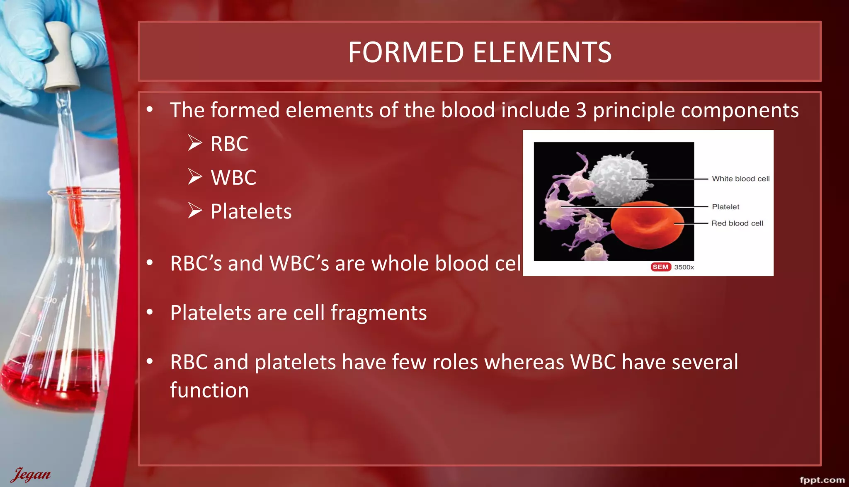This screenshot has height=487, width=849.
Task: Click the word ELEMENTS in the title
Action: tap(542, 52)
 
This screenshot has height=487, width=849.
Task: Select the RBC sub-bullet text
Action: tap(229, 144)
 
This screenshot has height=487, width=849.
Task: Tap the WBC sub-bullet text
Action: tap(233, 178)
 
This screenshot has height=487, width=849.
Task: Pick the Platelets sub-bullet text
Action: tap(251, 212)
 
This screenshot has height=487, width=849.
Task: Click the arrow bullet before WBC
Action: tap(195, 177)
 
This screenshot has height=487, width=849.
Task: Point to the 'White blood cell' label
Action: tap(740, 179)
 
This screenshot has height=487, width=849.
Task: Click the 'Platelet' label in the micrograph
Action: tap(725, 207)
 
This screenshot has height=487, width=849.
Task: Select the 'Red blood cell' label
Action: tap(737, 223)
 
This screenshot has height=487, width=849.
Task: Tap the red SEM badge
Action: tap(660, 267)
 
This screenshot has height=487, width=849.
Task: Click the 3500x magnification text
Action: tap(684, 267)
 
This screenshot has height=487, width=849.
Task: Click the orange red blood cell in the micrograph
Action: tap(647, 226)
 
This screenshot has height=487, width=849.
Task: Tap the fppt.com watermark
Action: tap(822, 480)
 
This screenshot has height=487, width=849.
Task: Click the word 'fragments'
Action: tap(378, 313)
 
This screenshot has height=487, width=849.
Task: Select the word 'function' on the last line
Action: tap(209, 390)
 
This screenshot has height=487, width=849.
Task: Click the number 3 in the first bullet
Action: tap(581, 110)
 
